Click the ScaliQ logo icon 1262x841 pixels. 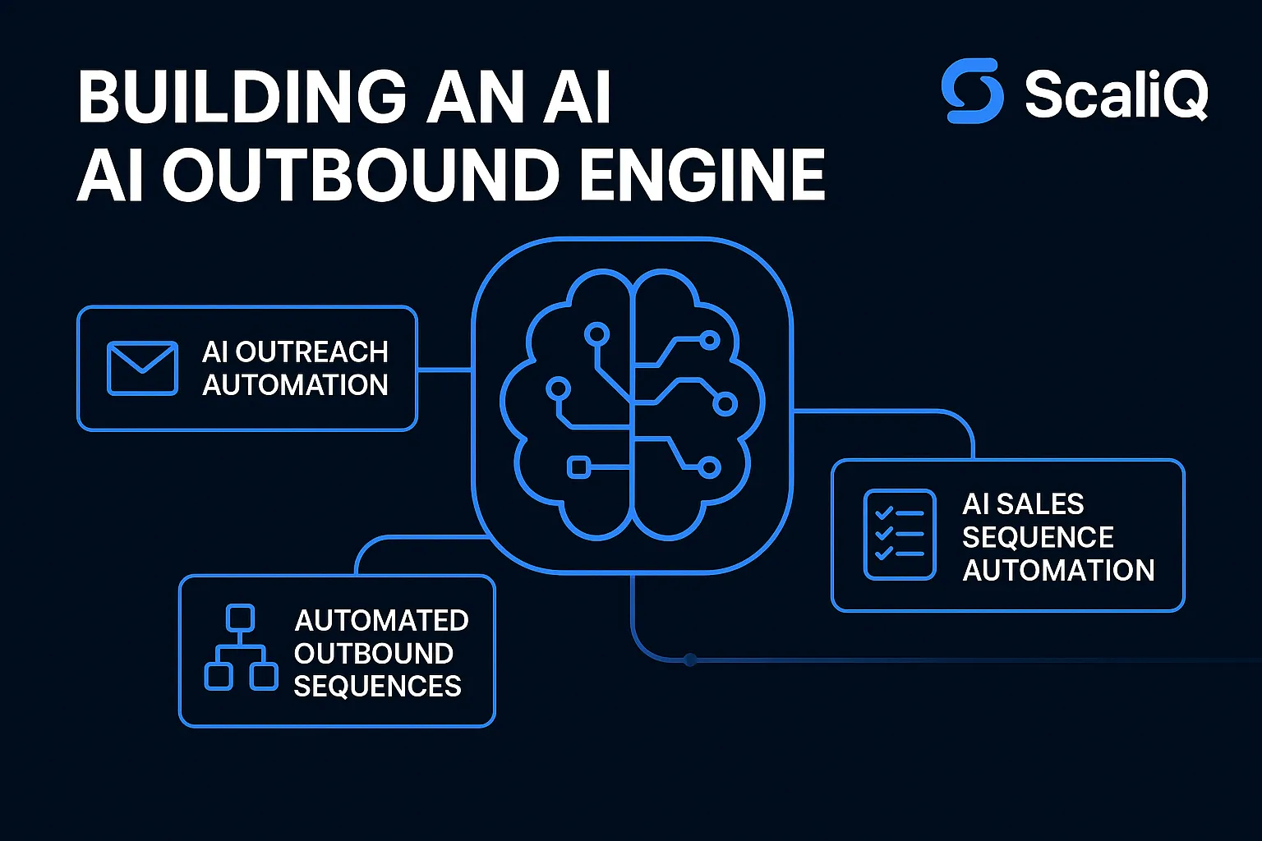(973, 91)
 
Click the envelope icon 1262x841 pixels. (142, 368)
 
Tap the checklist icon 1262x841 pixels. (900, 535)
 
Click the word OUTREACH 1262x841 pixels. (311, 352)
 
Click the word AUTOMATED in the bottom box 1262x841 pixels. (381, 620)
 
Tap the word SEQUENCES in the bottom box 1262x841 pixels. (377, 686)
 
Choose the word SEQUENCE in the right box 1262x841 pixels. (1038, 537)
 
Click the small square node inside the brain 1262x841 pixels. (578, 467)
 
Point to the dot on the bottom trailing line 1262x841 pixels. (690, 659)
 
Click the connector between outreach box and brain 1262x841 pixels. (444, 370)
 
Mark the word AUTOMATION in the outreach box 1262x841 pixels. (295, 385)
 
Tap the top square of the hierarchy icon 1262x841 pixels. (240, 617)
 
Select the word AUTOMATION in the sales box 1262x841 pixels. (1058, 570)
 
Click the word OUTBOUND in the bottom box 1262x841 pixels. (374, 654)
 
